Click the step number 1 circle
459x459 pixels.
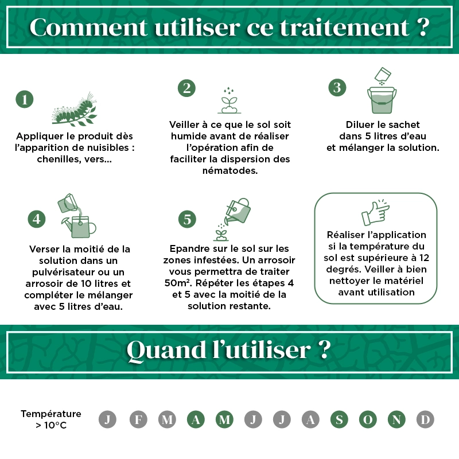click(25, 99)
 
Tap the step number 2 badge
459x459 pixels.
click(187, 88)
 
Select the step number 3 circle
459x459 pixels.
click(337, 88)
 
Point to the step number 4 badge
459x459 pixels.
click(37, 219)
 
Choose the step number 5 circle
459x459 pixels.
click(187, 219)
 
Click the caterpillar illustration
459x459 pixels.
click(75, 110)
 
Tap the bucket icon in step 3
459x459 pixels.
click(382, 100)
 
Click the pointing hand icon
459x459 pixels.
click(376, 213)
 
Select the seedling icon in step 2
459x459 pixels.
click(229, 100)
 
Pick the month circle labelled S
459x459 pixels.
click(339, 419)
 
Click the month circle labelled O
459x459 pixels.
click(368, 419)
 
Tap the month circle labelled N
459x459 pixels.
click(396, 419)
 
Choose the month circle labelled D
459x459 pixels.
click(425, 419)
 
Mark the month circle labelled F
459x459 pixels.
click(138, 419)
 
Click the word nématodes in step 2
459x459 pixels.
click(230, 170)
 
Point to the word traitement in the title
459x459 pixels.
click(344, 27)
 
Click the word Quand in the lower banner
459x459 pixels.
click(166, 350)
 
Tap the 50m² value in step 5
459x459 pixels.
click(176, 283)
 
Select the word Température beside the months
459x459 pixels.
click(51, 414)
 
